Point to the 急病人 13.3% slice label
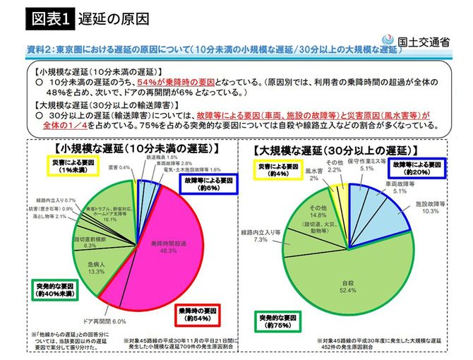click(x=97, y=266)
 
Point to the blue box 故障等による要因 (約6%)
click(x=205, y=184)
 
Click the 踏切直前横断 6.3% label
click(x=90, y=242)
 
